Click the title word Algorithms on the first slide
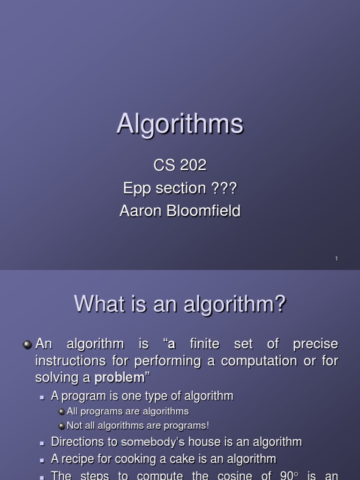(180, 124)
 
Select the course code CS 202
(180, 165)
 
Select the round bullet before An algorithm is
(28, 345)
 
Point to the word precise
(315, 344)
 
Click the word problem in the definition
(119, 378)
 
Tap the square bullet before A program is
(42, 397)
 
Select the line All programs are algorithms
(127, 411)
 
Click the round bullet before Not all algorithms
(62, 426)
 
